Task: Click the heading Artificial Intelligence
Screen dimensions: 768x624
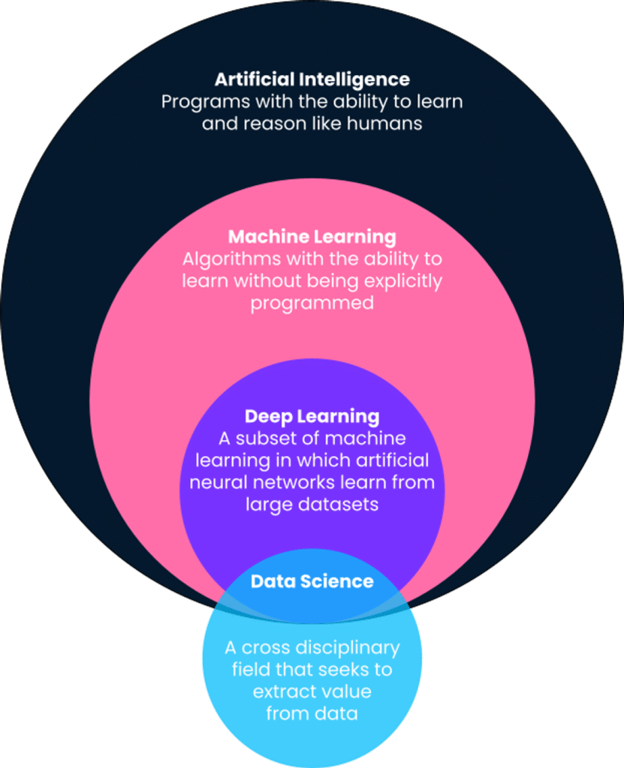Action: [x=312, y=79]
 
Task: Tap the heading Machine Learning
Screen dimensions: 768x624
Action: [x=312, y=237]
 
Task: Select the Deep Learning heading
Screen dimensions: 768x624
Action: [x=312, y=416]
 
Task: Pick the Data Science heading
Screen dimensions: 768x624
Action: [x=312, y=581]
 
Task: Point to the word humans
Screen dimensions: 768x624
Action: [x=385, y=124]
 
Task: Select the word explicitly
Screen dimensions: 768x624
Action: [x=403, y=281]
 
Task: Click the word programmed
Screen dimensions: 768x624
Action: [x=312, y=304]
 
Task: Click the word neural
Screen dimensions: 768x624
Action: [x=215, y=481]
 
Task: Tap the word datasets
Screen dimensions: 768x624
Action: [x=335, y=504]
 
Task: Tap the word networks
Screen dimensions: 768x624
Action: [x=285, y=481]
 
